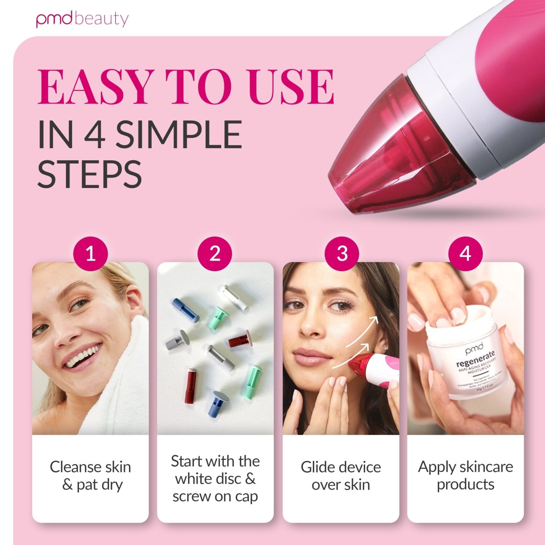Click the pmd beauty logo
82,20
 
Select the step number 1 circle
90,253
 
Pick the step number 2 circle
215,253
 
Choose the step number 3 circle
342,253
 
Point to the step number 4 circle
465,253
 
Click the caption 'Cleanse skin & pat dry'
90,476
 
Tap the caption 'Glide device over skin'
341,476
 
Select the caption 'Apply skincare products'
466,475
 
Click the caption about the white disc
215,479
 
